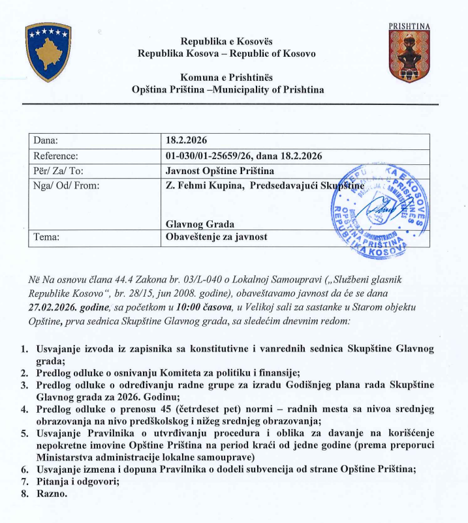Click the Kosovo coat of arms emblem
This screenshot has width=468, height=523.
[x=48, y=52]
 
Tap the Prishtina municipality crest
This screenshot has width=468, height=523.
[x=409, y=56]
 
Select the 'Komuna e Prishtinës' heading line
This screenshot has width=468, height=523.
[x=226, y=77]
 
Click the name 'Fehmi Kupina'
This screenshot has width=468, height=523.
[x=212, y=186]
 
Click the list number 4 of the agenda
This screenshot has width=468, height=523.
[x=24, y=410]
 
